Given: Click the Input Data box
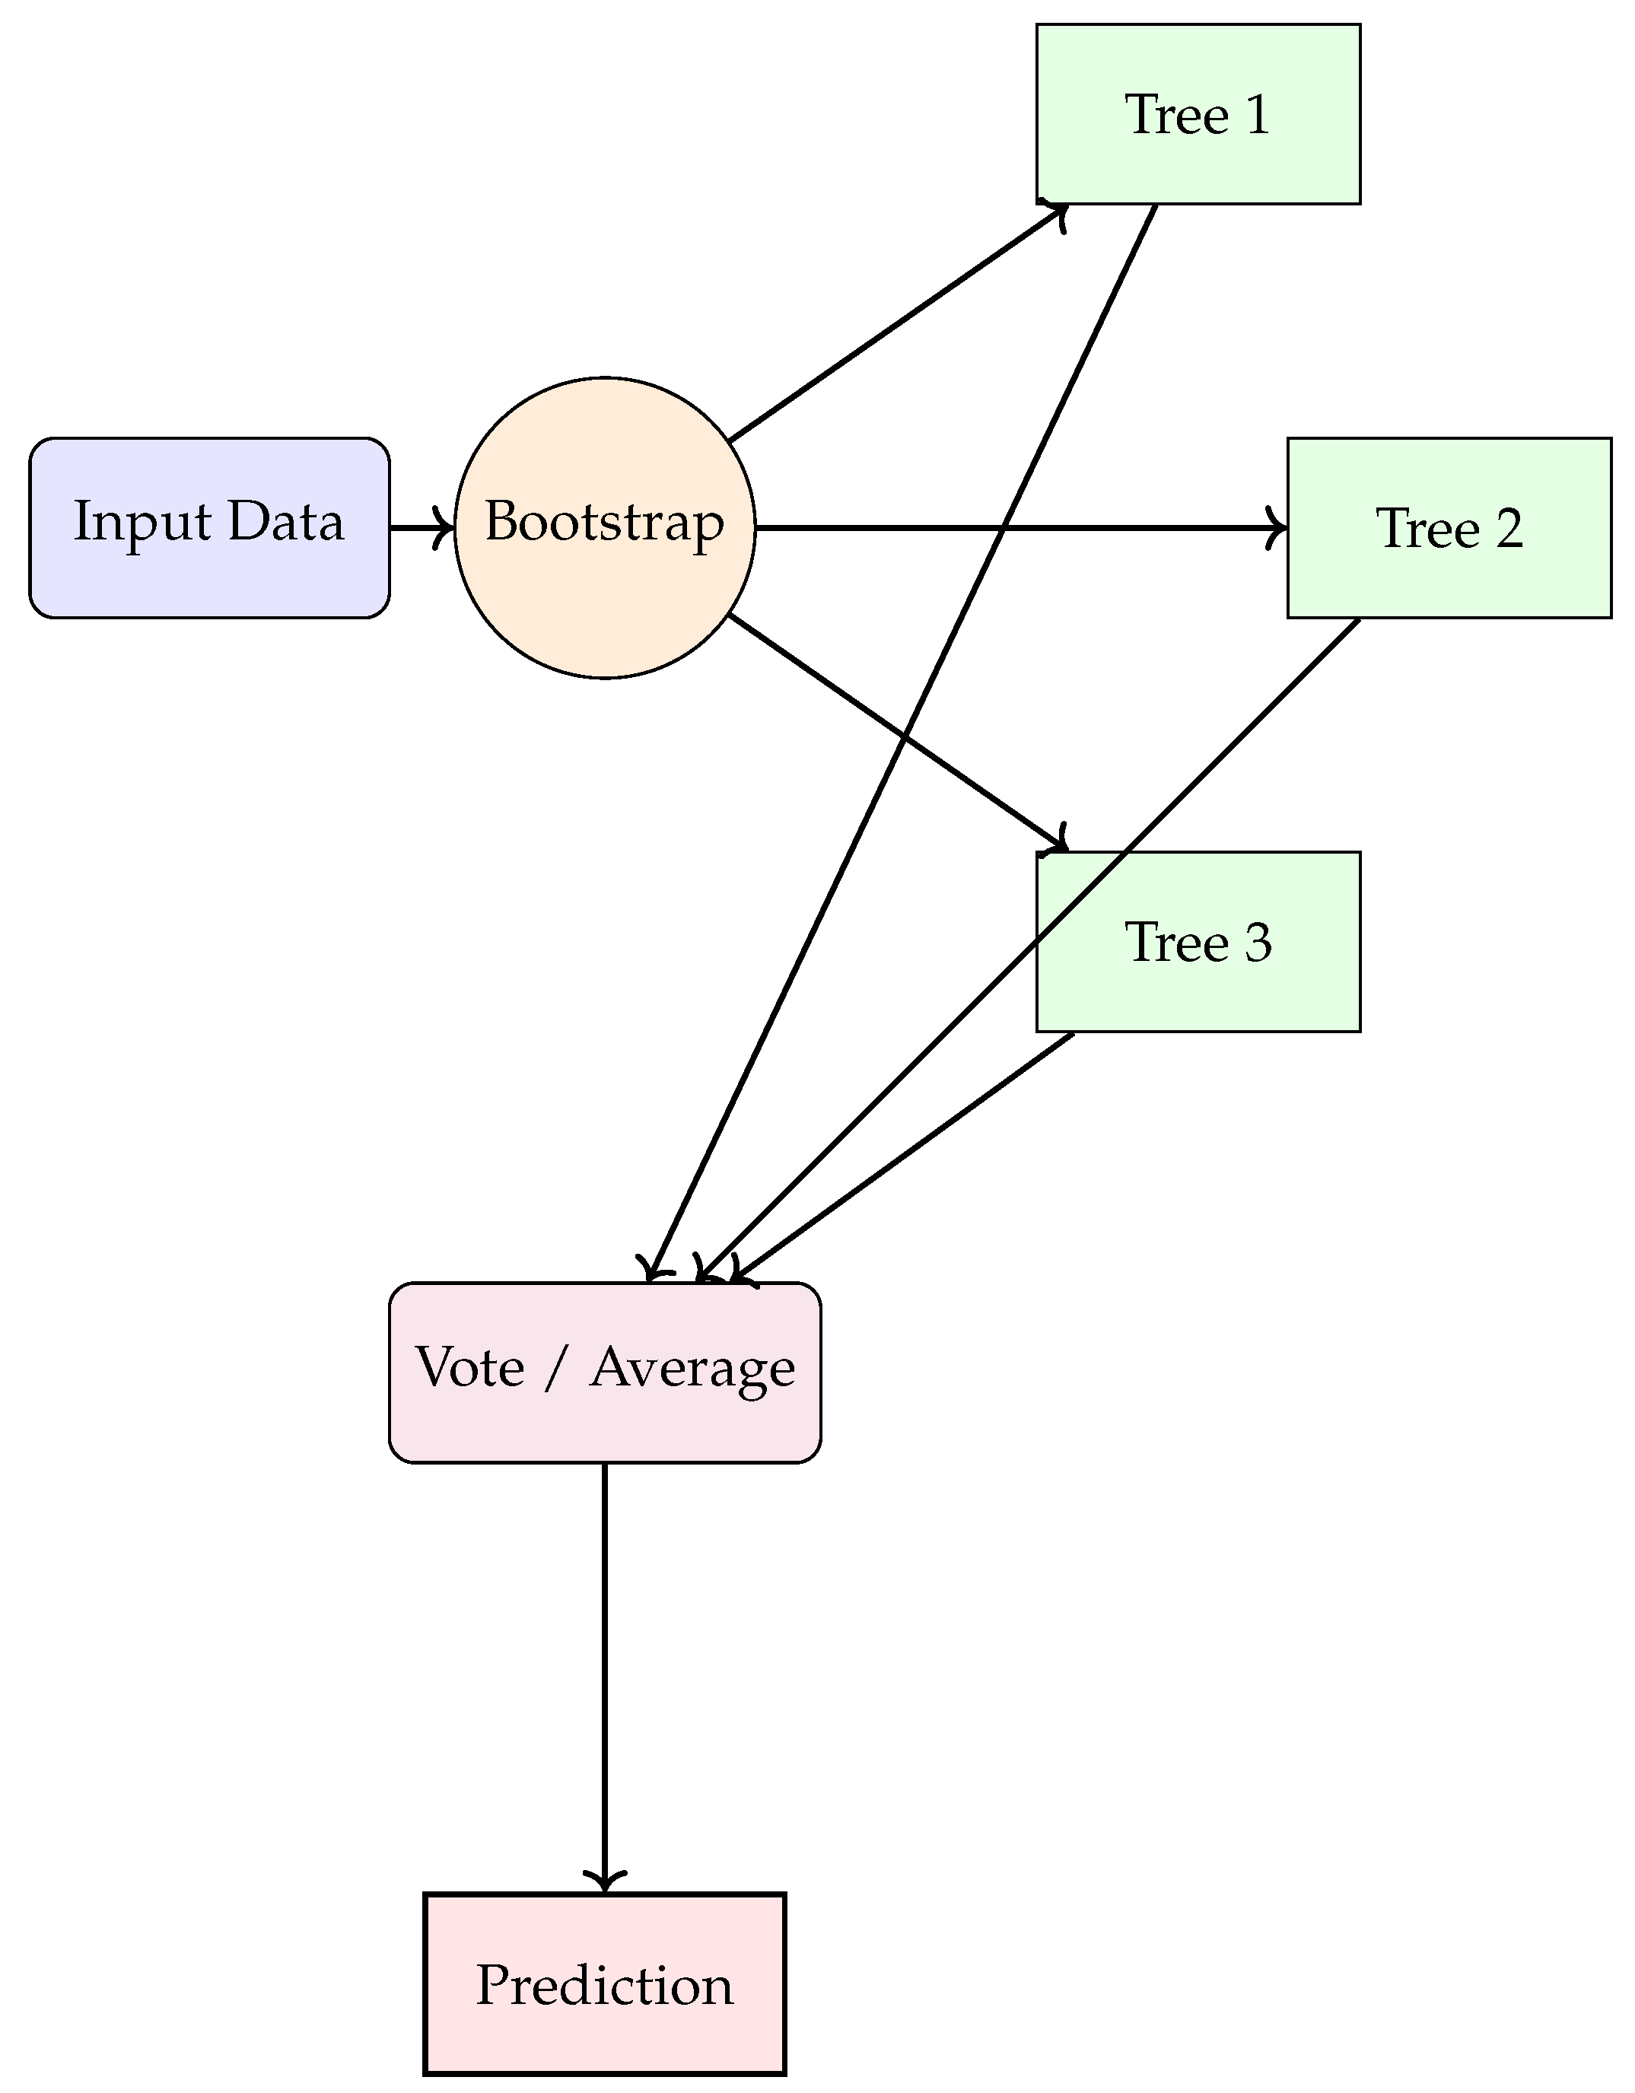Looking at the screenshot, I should click(209, 528).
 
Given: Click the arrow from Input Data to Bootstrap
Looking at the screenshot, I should click(420, 528).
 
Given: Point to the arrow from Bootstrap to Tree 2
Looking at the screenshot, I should click(1016, 528).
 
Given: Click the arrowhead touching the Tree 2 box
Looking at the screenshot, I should click(1278, 528).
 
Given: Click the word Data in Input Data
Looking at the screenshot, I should click(285, 522).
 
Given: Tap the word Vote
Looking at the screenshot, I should click(469, 1366).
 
